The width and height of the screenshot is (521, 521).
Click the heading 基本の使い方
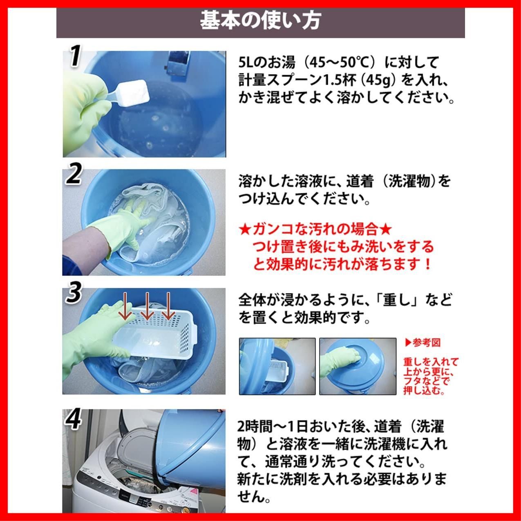click(260, 20)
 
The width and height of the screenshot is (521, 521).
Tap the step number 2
click(74, 175)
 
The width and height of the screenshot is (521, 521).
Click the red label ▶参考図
click(423, 343)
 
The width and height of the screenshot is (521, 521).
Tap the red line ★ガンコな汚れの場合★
click(315, 229)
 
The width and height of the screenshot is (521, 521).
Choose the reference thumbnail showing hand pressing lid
click(358, 366)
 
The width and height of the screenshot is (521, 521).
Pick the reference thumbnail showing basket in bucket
click(277, 366)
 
